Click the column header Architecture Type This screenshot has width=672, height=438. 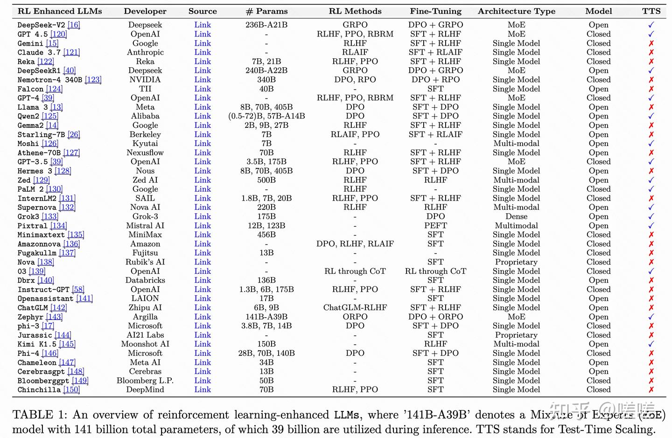(x=516, y=11)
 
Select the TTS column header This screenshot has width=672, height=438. (x=651, y=11)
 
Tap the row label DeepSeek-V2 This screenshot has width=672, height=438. (x=41, y=25)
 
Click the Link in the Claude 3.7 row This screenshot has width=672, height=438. (x=203, y=52)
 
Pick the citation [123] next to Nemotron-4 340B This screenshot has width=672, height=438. (x=93, y=80)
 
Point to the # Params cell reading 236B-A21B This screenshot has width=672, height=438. (x=266, y=25)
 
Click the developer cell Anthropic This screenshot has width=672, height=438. (x=145, y=52)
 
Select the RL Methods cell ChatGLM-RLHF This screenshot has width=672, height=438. (x=355, y=308)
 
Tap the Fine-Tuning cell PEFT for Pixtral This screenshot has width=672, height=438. (x=435, y=226)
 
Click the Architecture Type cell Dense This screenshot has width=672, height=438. (x=516, y=216)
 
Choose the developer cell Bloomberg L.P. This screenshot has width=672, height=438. (x=145, y=381)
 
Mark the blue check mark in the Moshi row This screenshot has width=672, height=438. (x=651, y=144)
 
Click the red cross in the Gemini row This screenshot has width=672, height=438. (x=651, y=43)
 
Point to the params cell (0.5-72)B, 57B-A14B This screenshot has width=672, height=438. (x=266, y=116)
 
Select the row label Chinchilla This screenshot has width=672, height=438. (x=39, y=390)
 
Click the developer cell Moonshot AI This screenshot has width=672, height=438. (x=145, y=344)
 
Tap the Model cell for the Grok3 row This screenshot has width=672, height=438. (x=598, y=216)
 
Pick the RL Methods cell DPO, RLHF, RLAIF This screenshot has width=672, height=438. (x=355, y=244)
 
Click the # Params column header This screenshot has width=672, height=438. (x=266, y=11)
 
